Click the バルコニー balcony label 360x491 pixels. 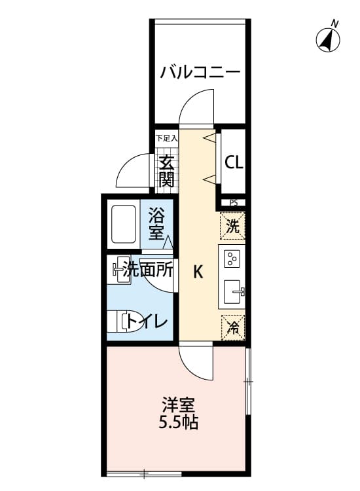pos(200,71)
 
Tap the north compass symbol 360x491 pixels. pos(329,40)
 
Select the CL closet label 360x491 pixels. pos(234,162)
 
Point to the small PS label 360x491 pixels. pos(233,202)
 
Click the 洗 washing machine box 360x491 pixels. pos(233,226)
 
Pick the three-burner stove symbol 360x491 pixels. pos(233,259)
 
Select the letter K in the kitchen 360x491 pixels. pos(197,273)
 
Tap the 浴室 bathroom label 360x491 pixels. pos(156,223)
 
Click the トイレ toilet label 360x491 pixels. pos(147,321)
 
